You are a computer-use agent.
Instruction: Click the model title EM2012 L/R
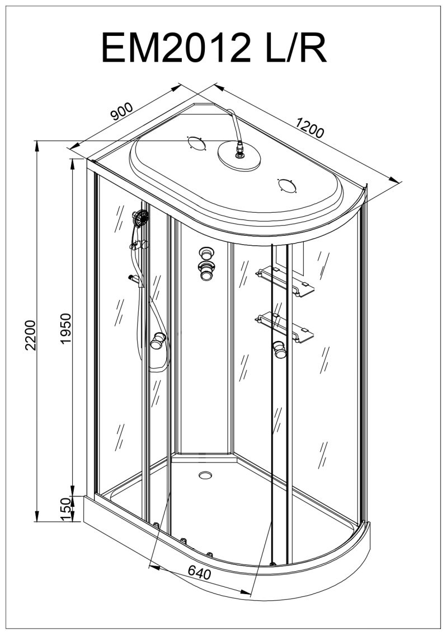point(214,48)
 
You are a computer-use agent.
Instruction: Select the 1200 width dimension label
point(310,127)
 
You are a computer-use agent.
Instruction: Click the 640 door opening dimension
point(199,573)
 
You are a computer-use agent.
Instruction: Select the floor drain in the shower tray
point(205,475)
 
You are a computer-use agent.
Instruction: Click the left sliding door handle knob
point(158,341)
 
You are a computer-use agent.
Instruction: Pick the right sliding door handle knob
point(279,350)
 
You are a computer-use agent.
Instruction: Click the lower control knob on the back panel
point(207,270)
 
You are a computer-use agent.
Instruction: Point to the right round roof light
point(287,185)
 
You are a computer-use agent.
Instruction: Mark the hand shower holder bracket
point(139,245)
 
